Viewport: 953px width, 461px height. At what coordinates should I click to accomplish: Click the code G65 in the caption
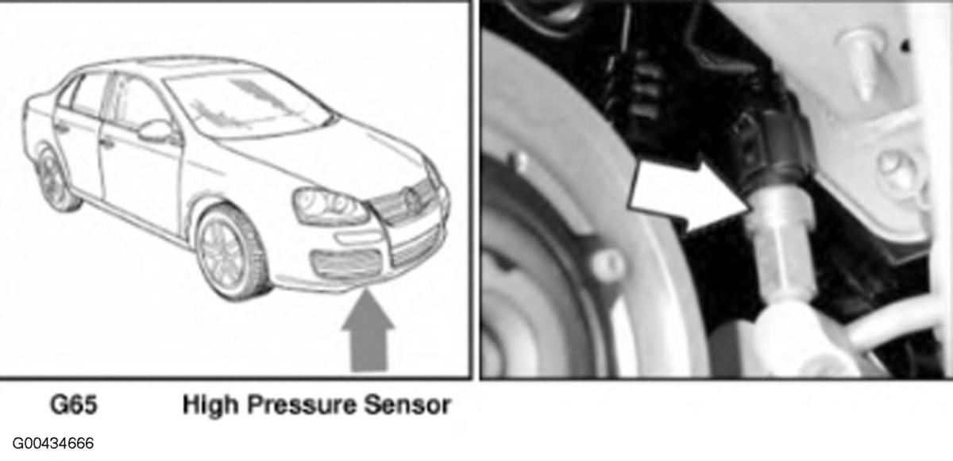point(74,405)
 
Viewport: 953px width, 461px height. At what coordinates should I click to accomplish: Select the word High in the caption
point(210,405)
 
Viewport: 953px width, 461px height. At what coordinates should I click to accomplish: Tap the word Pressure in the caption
point(301,405)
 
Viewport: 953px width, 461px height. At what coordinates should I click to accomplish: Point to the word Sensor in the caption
point(407,405)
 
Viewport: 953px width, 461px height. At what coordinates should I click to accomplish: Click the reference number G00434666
point(53,444)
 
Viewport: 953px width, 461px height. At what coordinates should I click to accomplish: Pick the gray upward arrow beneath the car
point(368,332)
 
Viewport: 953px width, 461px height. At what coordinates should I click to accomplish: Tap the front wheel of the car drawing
point(232,252)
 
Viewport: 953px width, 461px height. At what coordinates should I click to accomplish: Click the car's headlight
point(330,206)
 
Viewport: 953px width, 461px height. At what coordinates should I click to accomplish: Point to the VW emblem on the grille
point(411,200)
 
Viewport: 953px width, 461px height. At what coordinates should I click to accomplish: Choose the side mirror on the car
point(156,132)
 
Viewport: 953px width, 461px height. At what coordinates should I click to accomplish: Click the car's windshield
point(247,106)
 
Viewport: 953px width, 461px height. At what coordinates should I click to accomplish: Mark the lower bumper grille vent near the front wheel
point(347,264)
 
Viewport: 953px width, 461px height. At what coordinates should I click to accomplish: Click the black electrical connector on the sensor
point(770,144)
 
